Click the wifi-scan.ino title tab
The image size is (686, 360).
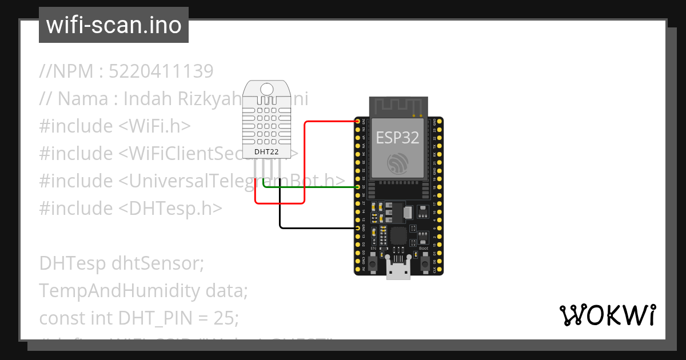point(114,25)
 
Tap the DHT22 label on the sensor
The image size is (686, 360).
point(266,152)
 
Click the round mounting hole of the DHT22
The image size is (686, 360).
point(266,89)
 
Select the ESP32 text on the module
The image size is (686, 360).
point(397,137)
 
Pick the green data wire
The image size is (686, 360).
point(312,187)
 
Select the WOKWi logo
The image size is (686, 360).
point(607,315)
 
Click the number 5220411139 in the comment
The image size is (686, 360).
point(161,71)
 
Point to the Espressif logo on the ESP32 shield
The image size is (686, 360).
point(397,163)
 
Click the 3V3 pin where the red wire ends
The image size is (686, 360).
point(358,122)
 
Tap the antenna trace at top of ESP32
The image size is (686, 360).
point(398,106)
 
